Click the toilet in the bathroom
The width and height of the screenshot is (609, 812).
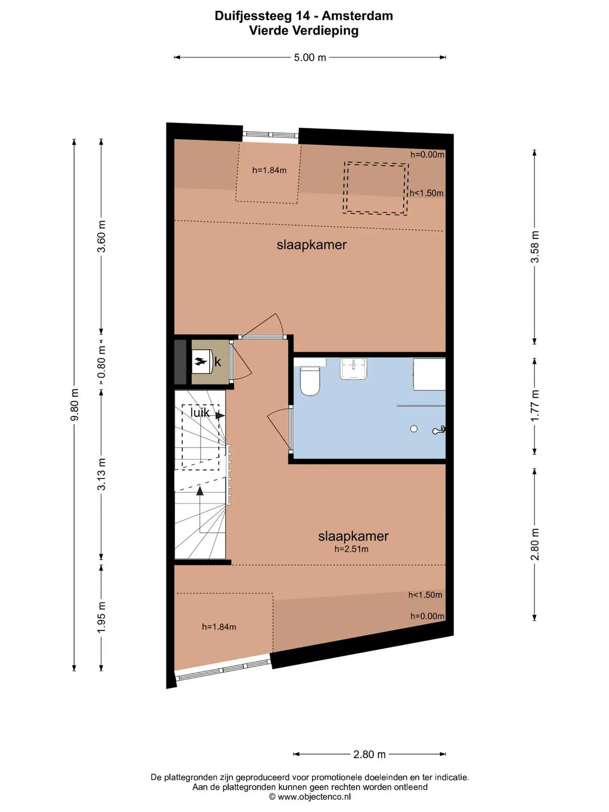310,380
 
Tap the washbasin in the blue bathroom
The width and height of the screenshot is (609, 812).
353,368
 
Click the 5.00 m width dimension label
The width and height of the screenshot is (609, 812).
310,57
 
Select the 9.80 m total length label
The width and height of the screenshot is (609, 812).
74,405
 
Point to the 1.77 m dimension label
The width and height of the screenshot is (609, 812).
535,405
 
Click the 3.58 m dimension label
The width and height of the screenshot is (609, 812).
535,247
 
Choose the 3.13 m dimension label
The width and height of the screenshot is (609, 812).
101,474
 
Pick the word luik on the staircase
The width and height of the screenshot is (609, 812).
199,413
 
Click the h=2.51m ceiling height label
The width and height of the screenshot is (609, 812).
351,549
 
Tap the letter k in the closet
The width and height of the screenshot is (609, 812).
217,362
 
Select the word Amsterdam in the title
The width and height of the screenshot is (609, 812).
357,16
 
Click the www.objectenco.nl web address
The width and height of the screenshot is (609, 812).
314,797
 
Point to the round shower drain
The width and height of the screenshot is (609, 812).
414,429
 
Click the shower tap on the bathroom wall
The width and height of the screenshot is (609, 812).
438,430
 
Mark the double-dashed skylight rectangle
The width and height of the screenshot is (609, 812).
376,188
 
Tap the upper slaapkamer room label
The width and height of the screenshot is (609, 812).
311,245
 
